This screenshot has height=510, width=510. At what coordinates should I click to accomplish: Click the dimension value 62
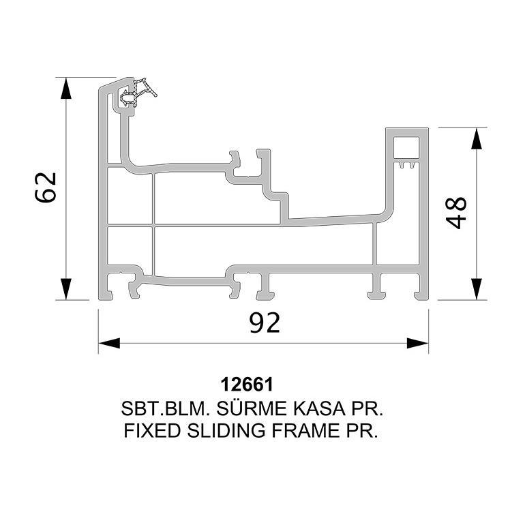pos(46,187)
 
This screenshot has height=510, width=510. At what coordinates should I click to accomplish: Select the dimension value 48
pos(455,213)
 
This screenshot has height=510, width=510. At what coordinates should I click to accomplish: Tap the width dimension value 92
pos(265,322)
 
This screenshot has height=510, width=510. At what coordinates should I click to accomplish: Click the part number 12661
pos(247,385)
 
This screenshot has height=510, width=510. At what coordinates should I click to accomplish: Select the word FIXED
pos(152,431)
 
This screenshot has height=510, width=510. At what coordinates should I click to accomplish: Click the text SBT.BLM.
pos(165,409)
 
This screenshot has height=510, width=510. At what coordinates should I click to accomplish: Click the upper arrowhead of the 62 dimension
pos(66,88)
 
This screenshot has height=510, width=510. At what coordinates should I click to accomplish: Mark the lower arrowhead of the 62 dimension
pos(66,289)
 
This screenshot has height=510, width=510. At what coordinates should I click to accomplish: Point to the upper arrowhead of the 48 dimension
pos(477,138)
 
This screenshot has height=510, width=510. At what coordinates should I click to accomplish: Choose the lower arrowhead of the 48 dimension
pos(477,289)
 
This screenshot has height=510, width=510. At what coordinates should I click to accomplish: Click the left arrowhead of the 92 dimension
pos(109,343)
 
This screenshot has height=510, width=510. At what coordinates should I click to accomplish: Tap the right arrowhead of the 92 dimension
pos(418,343)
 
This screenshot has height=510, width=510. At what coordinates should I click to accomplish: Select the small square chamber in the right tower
pos(406,148)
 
